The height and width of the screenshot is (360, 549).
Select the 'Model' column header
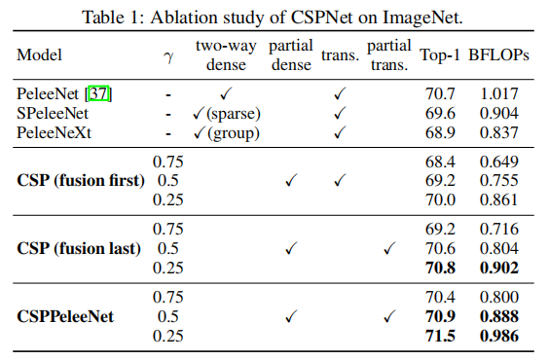[39, 56]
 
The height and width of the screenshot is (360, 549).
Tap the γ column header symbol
[168, 56]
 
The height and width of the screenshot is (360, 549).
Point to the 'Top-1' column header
[440, 56]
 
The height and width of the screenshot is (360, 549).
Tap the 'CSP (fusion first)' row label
[81, 180]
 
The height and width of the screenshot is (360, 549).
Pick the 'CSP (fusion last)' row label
[79, 247]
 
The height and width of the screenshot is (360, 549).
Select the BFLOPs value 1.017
[500, 94]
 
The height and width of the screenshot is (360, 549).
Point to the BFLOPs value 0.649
[500, 162]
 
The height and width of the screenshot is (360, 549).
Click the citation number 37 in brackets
[99, 94]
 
